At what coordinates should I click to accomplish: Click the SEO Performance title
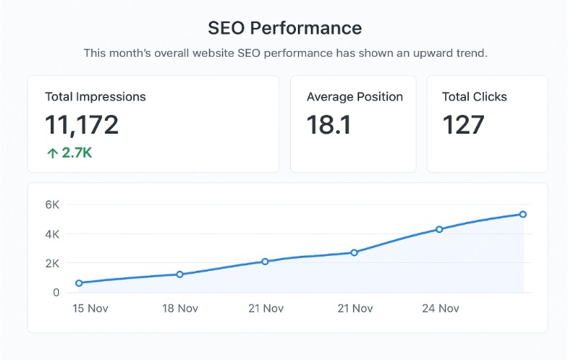point(284,28)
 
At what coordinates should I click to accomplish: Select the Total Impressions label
point(95,97)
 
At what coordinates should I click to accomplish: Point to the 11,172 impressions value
point(82,125)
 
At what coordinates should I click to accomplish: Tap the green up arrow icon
point(52,153)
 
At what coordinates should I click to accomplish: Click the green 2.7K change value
point(77,153)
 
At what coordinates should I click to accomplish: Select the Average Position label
point(355,97)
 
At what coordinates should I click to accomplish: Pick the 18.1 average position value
point(329,125)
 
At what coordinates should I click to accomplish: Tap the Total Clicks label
point(475,97)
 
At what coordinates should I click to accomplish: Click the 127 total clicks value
point(463,125)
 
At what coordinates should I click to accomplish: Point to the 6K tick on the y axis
point(52,205)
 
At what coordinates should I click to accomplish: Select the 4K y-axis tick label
point(52,234)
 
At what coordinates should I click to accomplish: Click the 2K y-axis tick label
point(52,264)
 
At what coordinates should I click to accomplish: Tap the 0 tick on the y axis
point(55,292)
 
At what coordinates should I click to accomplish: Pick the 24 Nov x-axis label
point(439,308)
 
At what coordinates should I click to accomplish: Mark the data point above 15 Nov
point(79,283)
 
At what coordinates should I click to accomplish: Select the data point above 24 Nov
point(439,229)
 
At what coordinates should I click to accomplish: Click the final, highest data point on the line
point(523,214)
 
